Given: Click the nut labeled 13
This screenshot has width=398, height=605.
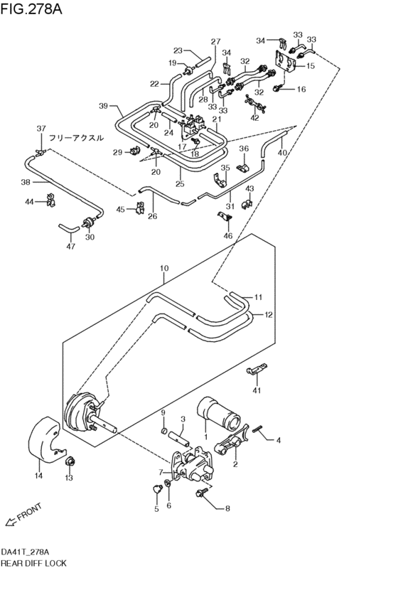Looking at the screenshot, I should pyautogui.click(x=70, y=464).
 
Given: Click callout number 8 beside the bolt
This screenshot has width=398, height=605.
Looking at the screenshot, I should pyautogui.click(x=227, y=508).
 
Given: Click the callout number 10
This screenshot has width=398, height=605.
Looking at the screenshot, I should pyautogui.click(x=163, y=268).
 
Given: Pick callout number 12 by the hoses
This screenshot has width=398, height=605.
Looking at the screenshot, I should pyautogui.click(x=268, y=314).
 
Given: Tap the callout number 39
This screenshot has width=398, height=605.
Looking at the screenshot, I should pyautogui.click(x=104, y=106).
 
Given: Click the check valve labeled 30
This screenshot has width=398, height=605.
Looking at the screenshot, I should pyautogui.click(x=90, y=223).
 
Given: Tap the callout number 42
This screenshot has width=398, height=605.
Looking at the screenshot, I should pyautogui.click(x=255, y=118).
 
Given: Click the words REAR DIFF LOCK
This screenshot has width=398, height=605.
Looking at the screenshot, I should pyautogui.click(x=33, y=563).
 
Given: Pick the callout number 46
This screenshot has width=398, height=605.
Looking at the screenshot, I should pyautogui.click(x=227, y=235).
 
